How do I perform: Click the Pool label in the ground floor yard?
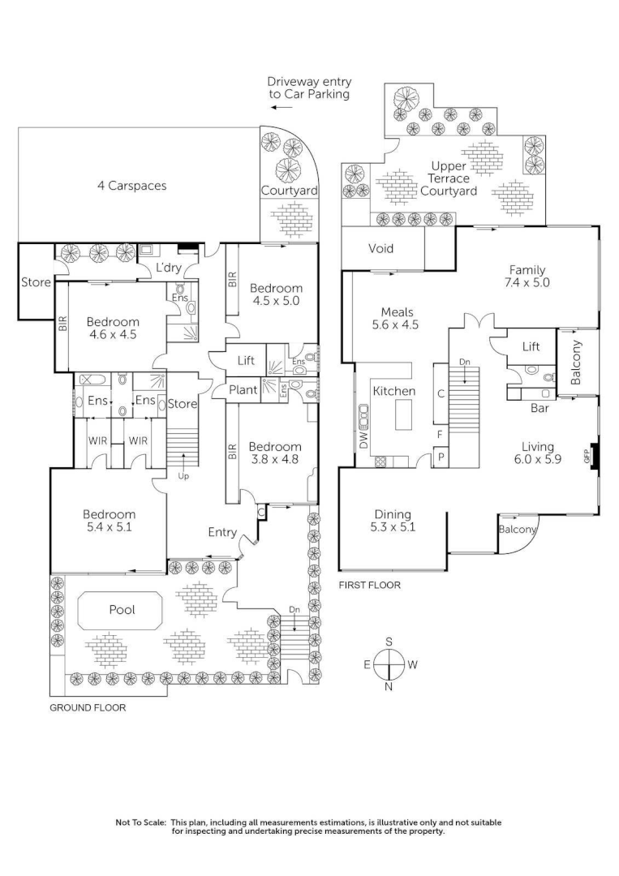[123, 609]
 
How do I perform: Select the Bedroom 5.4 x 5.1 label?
[110, 520]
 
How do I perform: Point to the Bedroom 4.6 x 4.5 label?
[113, 328]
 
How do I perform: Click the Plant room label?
[243, 390]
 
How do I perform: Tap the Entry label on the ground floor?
[222, 533]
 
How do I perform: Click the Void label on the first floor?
[381, 248]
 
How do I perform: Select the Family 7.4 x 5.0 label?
[527, 276]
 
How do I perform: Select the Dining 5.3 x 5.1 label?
[393, 520]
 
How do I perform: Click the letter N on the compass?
[389, 687]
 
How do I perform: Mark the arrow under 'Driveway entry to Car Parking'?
[282, 107]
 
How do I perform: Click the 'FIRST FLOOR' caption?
[369, 584]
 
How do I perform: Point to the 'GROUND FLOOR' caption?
[88, 707]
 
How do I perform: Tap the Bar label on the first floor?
[539, 408]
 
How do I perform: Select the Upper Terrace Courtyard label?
[449, 178]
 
